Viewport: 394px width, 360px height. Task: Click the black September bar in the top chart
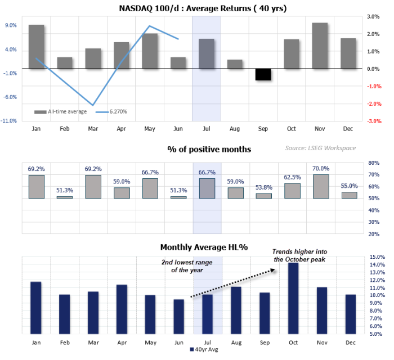263,74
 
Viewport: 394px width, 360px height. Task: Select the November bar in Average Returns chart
320,46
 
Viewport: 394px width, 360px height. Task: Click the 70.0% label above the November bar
320,168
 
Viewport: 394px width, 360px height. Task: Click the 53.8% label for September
263,187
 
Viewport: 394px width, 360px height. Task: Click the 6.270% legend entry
111,111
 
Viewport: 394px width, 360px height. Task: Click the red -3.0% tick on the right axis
374,121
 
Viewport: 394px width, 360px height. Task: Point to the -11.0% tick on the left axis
10,121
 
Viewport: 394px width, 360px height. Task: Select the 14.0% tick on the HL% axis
377,265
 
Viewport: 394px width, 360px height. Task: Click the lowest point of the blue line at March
93,105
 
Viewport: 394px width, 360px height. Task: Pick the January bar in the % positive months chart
36,187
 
